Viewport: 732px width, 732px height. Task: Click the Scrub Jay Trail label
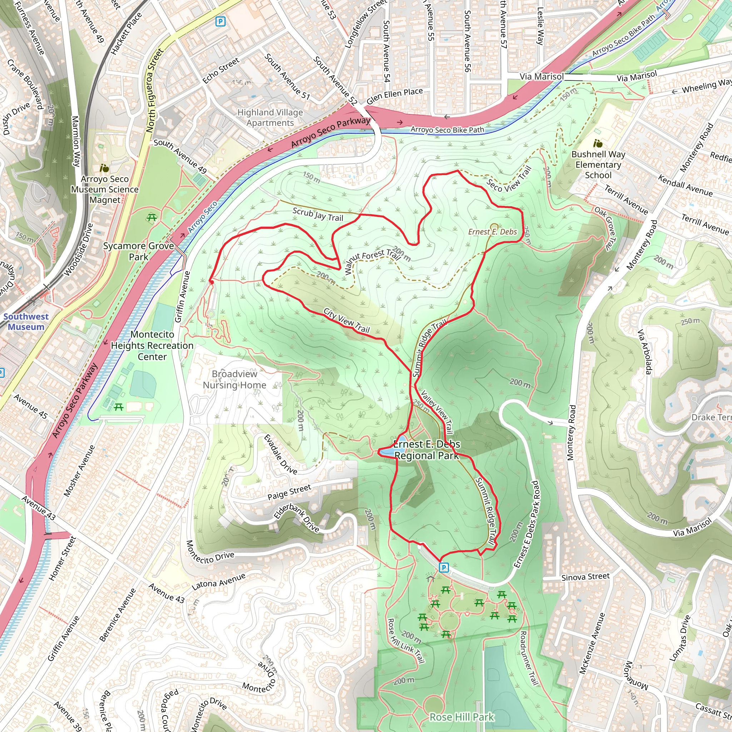317,214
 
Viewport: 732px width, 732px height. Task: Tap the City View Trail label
346,321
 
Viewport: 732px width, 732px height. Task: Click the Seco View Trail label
509,179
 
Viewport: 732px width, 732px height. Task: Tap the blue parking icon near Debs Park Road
444,567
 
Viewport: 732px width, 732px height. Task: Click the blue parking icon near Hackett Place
220,21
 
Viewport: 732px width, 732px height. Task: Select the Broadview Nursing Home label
234,379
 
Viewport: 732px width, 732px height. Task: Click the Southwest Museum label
26,322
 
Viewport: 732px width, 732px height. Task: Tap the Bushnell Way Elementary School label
598,164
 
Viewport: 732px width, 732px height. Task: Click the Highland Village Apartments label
270,118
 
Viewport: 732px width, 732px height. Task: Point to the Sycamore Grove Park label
138,251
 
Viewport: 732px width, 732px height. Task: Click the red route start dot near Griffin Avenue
212,282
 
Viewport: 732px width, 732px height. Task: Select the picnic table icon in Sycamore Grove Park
152,217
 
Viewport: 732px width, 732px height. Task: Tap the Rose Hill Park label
461,717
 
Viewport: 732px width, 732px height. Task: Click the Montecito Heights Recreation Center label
152,345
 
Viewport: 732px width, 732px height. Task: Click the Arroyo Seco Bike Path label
447,130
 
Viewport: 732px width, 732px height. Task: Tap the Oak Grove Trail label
605,228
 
